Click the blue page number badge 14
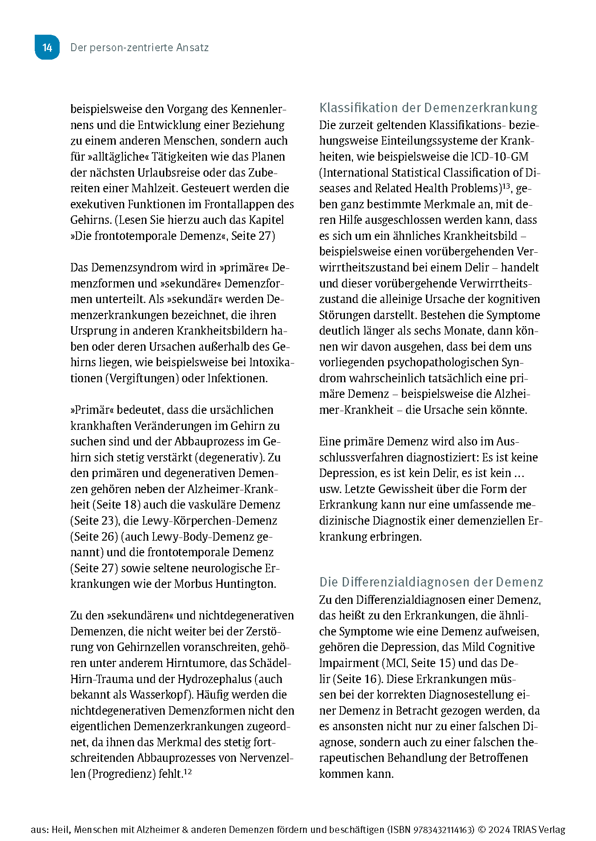coord(47,47)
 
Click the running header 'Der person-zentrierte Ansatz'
coord(139,48)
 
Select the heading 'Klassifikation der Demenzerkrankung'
coord(428,108)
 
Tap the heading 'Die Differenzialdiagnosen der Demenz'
coord(431,582)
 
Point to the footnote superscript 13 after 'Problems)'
coord(506,186)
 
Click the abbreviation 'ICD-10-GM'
coord(499,157)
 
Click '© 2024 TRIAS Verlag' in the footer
coord(521,830)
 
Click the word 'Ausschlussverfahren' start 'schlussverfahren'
coord(361,457)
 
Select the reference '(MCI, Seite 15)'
coord(418,663)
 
